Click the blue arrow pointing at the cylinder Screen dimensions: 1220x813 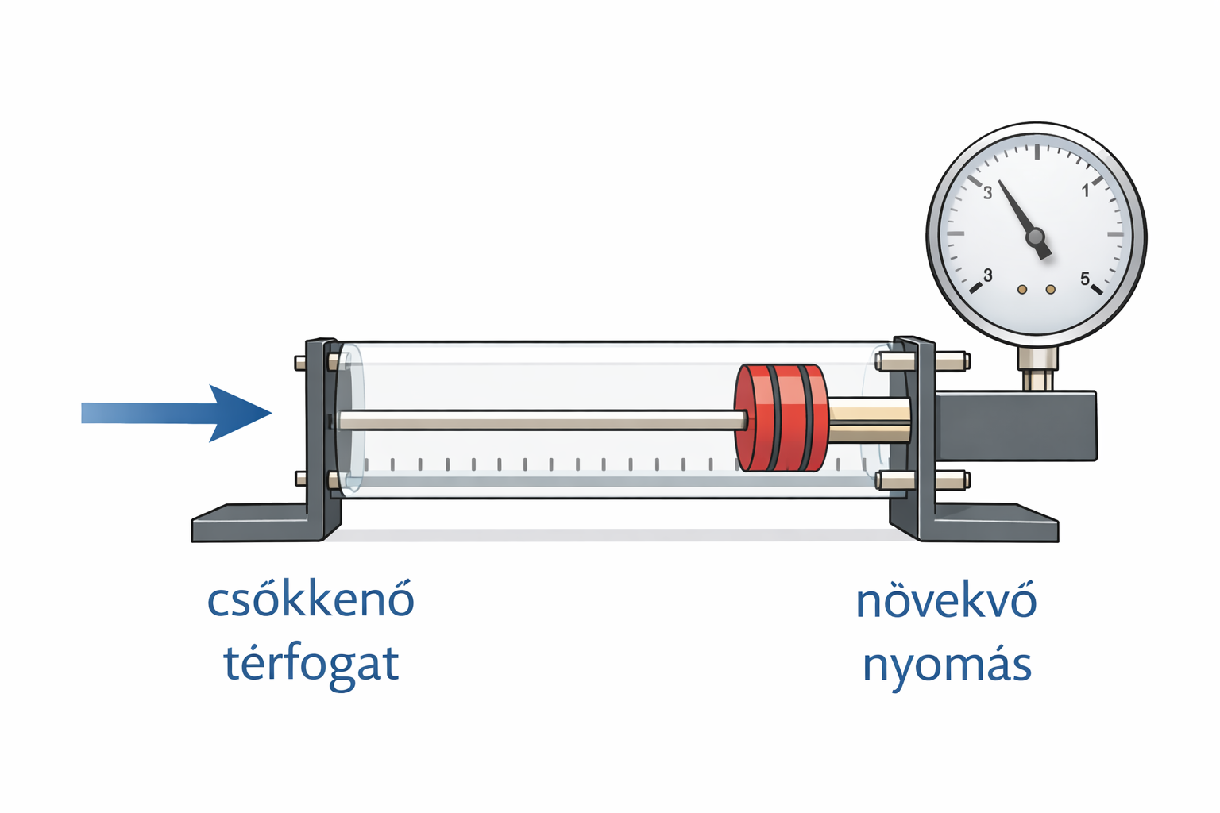click(x=177, y=413)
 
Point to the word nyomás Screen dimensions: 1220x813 click(x=947, y=665)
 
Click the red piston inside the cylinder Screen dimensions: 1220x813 click(x=782, y=418)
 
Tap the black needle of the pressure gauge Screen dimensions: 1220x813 click(x=1024, y=219)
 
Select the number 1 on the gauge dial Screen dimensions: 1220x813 click(x=1086, y=191)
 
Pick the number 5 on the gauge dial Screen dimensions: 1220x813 click(x=1085, y=279)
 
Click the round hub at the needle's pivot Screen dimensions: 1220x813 click(x=1035, y=237)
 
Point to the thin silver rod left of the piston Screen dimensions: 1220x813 click(x=542, y=420)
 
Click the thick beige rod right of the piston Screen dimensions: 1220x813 click(x=869, y=419)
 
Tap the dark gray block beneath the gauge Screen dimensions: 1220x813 click(x=1015, y=426)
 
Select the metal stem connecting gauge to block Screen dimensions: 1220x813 click(x=1037, y=368)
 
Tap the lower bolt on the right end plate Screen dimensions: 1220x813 click(x=923, y=480)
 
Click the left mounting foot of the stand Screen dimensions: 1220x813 click(x=256, y=522)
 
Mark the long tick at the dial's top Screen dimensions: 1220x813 click(x=1037, y=152)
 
